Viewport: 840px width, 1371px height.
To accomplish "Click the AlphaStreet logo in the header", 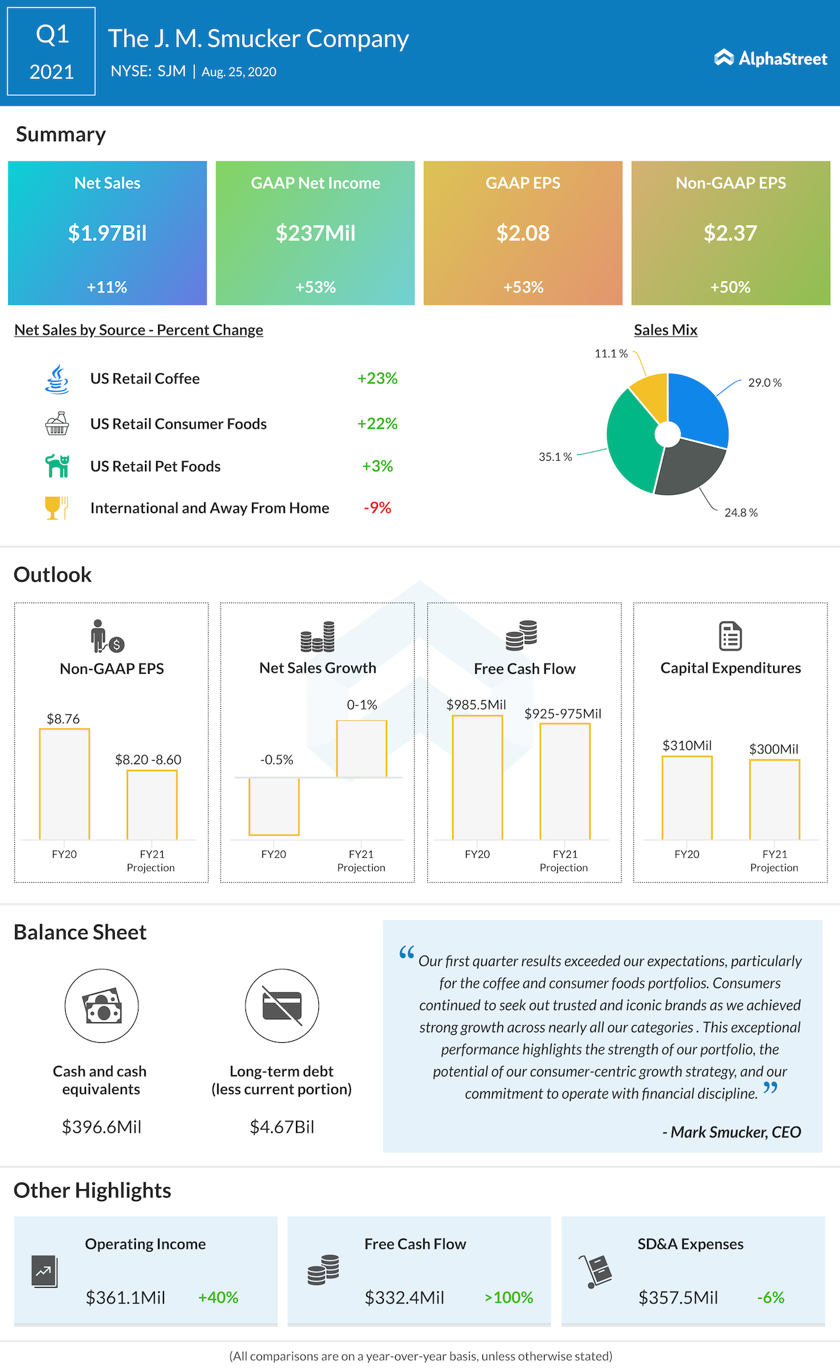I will tap(770, 58).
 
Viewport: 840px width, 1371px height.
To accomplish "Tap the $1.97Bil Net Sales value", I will tap(108, 233).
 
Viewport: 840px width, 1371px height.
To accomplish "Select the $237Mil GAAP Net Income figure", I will tap(315, 233).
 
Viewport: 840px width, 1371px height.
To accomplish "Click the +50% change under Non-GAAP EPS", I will tap(730, 287).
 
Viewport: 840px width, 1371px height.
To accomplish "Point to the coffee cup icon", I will tap(57, 379).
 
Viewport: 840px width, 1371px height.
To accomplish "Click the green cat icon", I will tap(57, 466).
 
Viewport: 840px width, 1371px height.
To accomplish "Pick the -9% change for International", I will tap(377, 508).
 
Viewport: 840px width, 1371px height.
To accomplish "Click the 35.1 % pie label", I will tap(555, 457).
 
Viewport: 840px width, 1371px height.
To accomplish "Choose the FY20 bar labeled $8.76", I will tap(64, 784).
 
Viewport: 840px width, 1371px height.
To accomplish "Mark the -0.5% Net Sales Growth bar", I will tap(274, 806).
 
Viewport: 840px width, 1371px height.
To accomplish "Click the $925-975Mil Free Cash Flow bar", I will tap(565, 781).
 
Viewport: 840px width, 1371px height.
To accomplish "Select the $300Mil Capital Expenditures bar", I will tap(774, 799).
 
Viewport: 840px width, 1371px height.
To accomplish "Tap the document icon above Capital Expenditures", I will tap(730, 635).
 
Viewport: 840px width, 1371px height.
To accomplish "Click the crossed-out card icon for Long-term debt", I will tap(282, 1005).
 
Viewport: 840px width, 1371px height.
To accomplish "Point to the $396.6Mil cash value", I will tap(102, 1127).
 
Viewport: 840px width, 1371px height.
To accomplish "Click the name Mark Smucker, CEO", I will tap(732, 1132).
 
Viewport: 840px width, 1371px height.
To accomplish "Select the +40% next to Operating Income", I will tap(218, 1297).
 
